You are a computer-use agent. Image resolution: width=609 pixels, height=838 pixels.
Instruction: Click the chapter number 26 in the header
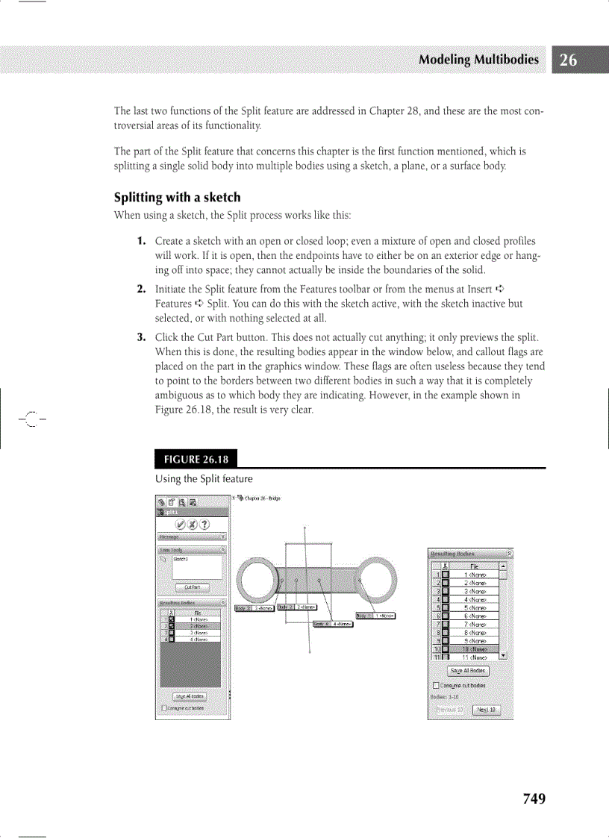[568, 60]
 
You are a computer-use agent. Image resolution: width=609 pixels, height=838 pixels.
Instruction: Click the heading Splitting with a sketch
[177, 198]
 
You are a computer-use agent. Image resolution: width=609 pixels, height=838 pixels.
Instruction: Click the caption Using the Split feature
[204, 478]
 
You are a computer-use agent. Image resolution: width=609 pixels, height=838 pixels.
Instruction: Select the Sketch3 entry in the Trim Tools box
[181, 558]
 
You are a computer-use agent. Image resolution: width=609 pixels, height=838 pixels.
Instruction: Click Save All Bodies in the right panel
[468, 671]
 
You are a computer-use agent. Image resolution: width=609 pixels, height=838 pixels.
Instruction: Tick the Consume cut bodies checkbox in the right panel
[436, 685]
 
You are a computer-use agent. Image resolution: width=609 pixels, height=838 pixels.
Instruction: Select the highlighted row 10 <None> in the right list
[475, 649]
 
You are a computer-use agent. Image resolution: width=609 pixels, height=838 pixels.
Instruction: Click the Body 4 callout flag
[332, 624]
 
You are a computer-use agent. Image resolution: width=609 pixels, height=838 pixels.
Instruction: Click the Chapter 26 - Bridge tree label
[262, 498]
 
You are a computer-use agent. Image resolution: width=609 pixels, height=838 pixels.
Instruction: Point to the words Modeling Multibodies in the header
[478, 60]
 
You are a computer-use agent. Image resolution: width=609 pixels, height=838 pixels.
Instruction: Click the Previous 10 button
[449, 710]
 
